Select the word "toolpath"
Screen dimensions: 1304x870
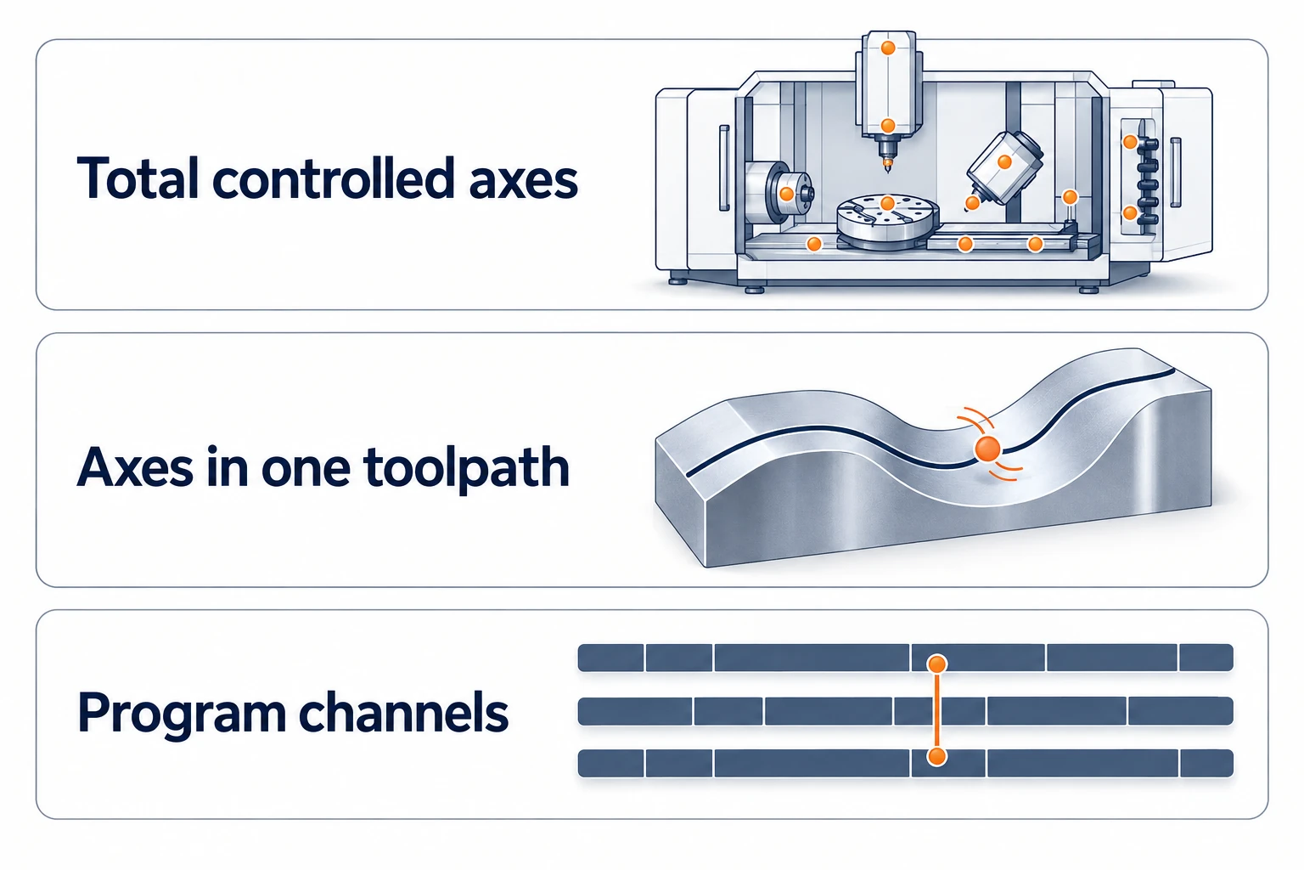(466, 468)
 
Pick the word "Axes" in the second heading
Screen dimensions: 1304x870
(134, 466)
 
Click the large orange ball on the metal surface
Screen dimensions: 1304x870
(987, 449)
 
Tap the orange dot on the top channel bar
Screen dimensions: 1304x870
(937, 664)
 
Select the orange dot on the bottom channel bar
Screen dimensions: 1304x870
(937, 756)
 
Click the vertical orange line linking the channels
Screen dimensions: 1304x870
(937, 710)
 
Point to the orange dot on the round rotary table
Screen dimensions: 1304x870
(887, 203)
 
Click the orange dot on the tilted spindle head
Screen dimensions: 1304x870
(1004, 162)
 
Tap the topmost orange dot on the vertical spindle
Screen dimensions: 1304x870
(888, 48)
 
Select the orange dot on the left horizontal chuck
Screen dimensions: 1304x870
(786, 194)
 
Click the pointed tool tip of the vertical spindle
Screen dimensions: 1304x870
(888, 172)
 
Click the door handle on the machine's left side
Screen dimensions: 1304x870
(725, 168)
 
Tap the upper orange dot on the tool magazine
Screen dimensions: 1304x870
(1130, 142)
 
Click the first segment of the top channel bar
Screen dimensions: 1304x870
(610, 658)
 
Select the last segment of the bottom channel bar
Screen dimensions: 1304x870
(1206, 763)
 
